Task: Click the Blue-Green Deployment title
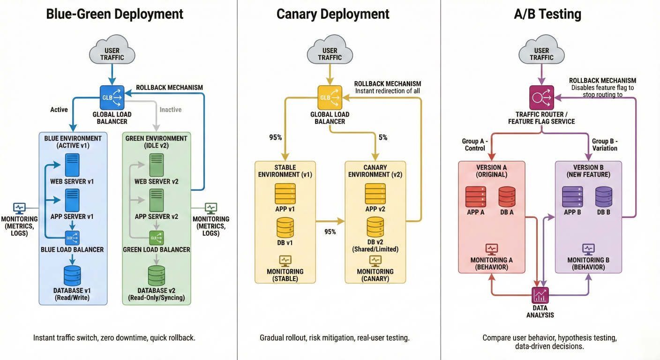[115, 14]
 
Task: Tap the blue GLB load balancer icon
[112, 97]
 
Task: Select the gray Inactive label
[170, 110]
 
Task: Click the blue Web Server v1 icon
[73, 165]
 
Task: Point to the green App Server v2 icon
[156, 201]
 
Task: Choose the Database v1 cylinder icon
[72, 276]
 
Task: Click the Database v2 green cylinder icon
[157, 276]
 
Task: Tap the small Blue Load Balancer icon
[73, 238]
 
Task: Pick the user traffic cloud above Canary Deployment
[330, 52]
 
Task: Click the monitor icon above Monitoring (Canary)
[375, 260]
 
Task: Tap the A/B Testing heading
[547, 14]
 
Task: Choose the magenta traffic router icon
[541, 97]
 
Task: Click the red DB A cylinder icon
[507, 197]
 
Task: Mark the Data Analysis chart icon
[540, 295]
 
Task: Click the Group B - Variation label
[604, 144]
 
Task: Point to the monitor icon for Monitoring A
[491, 248]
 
